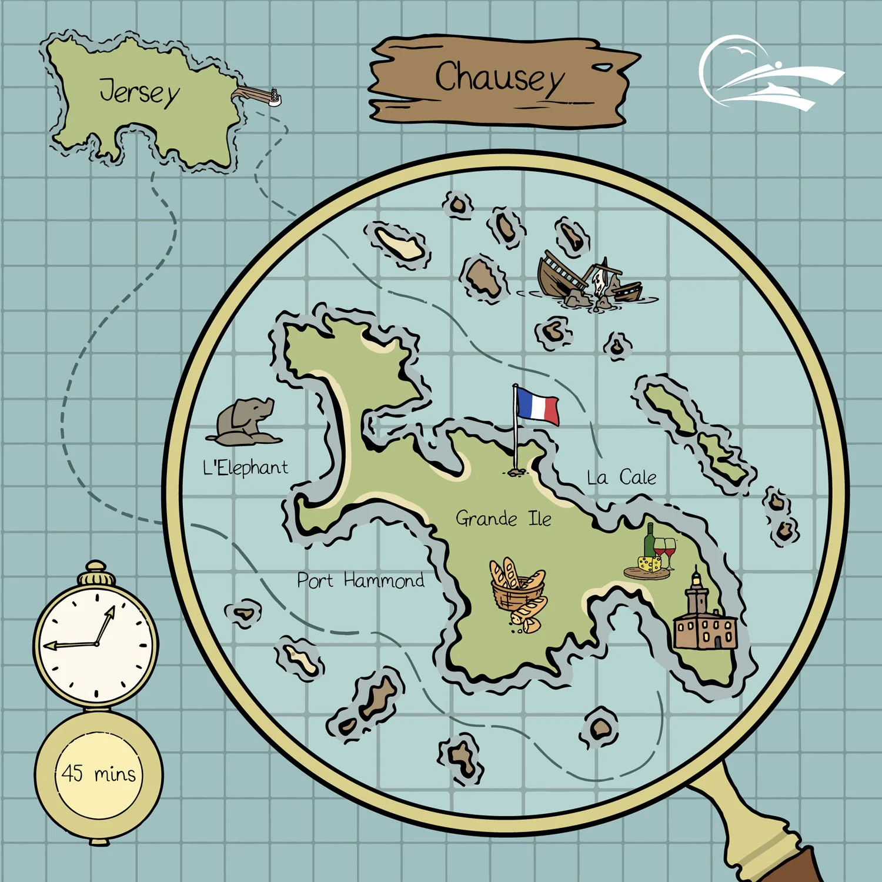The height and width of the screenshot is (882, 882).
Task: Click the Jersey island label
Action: (x=139, y=92)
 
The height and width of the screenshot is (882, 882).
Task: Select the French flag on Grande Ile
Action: (x=537, y=406)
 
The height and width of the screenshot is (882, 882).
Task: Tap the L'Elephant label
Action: (x=245, y=468)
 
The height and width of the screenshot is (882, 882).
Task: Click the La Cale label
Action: (x=622, y=477)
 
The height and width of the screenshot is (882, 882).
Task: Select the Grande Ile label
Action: (x=503, y=519)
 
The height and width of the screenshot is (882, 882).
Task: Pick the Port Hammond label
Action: (x=360, y=581)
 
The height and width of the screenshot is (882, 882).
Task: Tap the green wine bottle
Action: (x=649, y=542)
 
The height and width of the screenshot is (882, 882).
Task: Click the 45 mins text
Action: (x=98, y=773)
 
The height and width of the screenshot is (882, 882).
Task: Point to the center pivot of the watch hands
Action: (x=96, y=643)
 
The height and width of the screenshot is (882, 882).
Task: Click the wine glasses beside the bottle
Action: (x=665, y=551)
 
